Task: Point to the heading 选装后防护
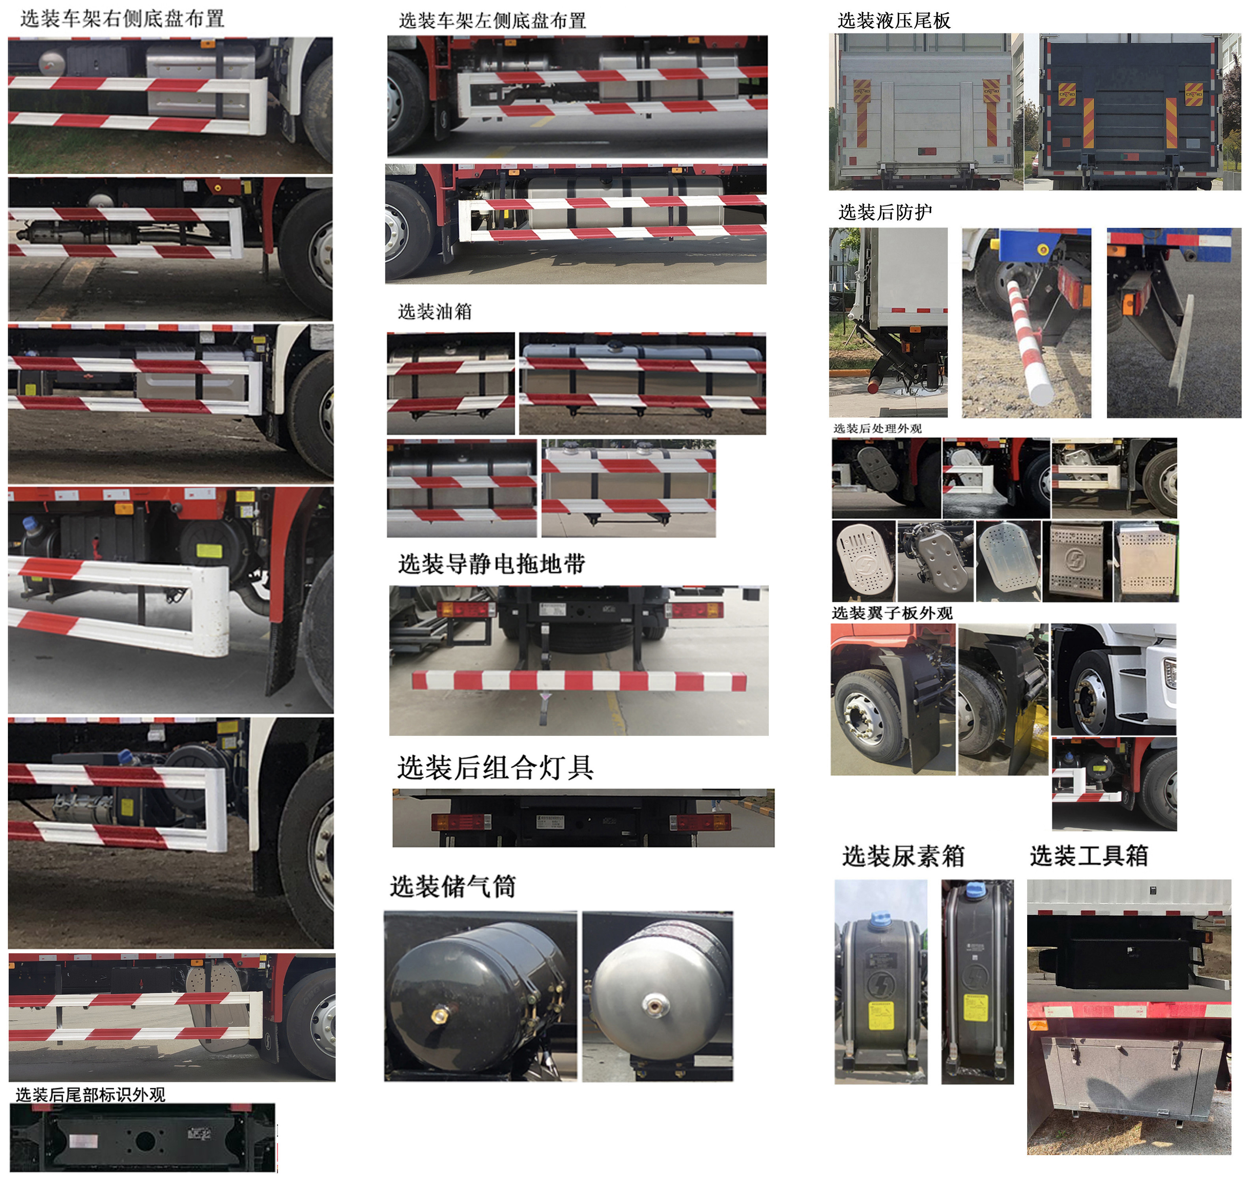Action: click(884, 212)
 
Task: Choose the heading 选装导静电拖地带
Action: click(491, 563)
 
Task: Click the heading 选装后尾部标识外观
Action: click(90, 1095)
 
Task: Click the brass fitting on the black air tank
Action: click(439, 1014)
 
